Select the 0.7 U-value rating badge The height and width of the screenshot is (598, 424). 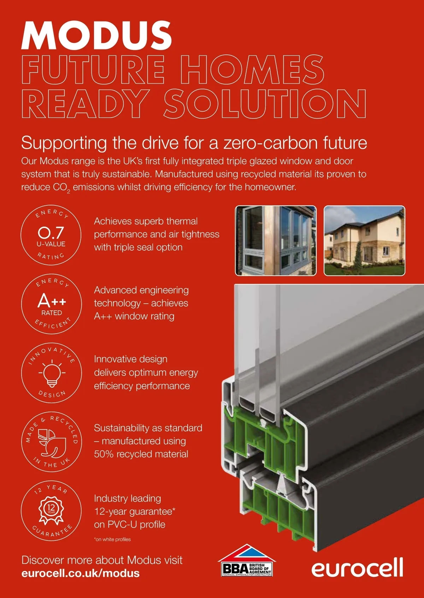point(51,235)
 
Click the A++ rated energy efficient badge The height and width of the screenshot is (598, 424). point(52,304)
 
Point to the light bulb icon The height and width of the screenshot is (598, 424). point(52,373)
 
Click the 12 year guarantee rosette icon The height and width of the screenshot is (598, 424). point(51,510)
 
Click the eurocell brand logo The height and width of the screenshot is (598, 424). point(357,567)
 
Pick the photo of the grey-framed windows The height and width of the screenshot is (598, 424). point(276,240)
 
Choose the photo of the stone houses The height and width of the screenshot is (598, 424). point(364,240)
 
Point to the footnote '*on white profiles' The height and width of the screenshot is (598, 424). point(112,539)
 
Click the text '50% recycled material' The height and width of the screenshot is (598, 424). point(141,454)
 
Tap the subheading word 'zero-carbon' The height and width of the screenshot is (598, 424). point(271,143)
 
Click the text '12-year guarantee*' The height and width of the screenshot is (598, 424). point(135,512)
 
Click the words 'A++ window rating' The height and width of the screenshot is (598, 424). point(134,316)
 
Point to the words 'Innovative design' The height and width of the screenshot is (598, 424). point(131,359)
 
